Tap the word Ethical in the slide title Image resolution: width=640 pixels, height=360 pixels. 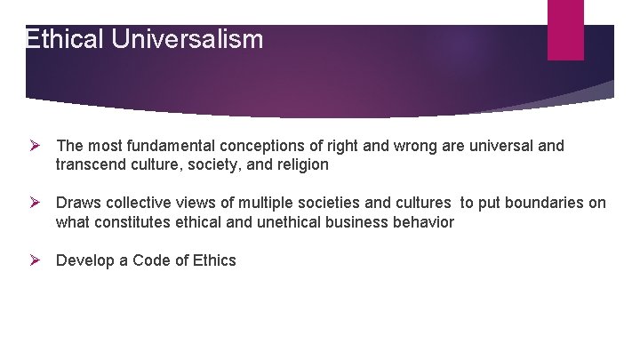click(x=65, y=40)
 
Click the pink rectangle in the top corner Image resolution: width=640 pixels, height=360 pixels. click(x=565, y=29)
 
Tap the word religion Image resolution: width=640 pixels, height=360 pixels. click(x=301, y=165)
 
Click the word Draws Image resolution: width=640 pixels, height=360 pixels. click(x=76, y=203)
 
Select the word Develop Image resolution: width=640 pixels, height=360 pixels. click(x=84, y=260)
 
